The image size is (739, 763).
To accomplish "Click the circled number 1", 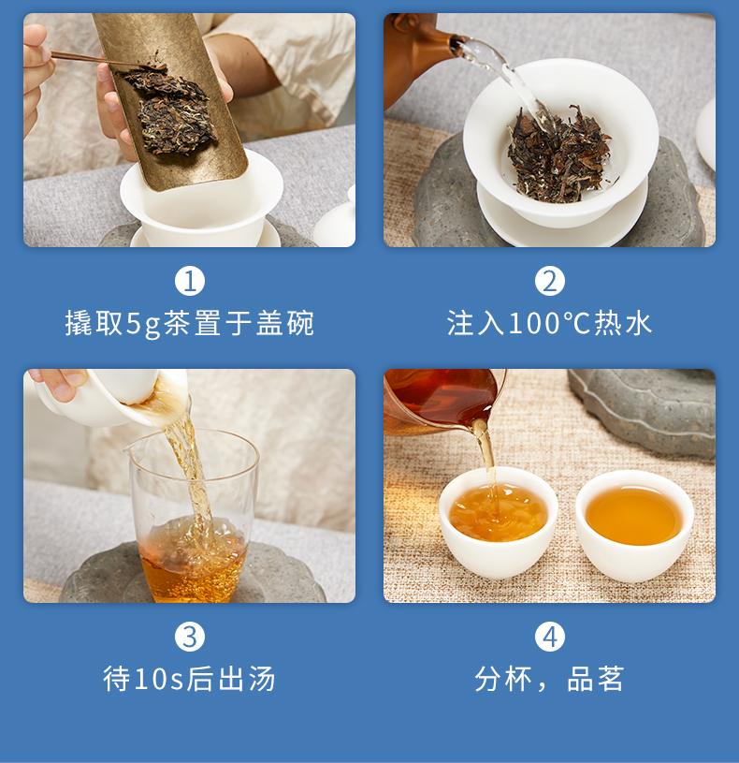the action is (x=190, y=281).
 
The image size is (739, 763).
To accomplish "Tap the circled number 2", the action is (x=549, y=281).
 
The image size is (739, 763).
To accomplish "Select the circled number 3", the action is (x=190, y=637).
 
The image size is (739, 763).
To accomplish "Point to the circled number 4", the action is (x=549, y=637).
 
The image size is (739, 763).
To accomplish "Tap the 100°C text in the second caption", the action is (x=549, y=323).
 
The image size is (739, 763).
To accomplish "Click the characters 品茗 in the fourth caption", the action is (x=596, y=679).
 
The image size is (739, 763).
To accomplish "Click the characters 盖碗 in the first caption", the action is (x=285, y=323).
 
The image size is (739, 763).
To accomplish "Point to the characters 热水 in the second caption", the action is (x=623, y=323).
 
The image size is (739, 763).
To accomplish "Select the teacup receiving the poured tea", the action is (x=499, y=523).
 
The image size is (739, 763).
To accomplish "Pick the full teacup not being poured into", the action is (x=634, y=525).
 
